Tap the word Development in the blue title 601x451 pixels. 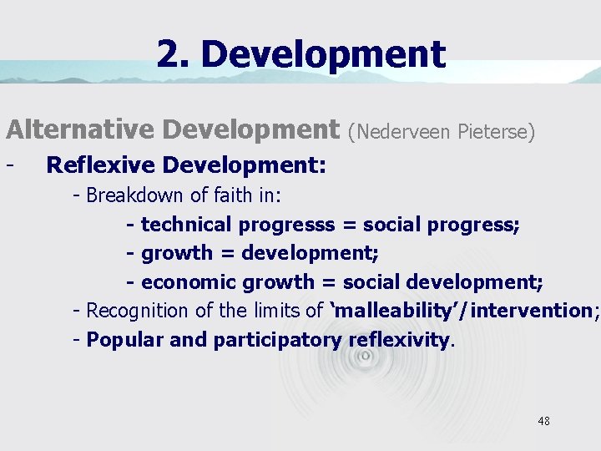tap(323, 55)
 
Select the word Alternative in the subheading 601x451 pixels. tap(81, 129)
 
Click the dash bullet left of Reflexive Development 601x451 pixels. tap(9, 164)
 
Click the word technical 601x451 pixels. tap(186, 225)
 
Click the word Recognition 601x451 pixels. tap(138, 312)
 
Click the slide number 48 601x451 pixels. tap(543, 421)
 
